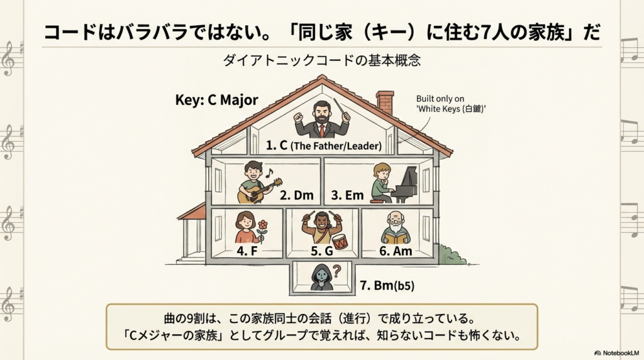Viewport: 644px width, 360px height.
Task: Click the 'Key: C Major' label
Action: (x=217, y=101)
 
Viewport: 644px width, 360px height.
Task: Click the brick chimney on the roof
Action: (x=385, y=103)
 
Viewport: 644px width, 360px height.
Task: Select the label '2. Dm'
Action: (x=296, y=195)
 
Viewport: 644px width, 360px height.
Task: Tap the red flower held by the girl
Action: (x=262, y=226)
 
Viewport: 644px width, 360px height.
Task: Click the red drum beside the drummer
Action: (x=340, y=241)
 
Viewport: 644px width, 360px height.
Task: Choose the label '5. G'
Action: (x=322, y=251)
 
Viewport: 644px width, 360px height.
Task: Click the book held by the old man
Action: (x=396, y=239)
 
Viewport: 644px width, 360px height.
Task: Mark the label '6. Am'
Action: (x=396, y=251)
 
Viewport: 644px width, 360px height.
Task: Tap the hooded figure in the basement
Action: (x=321, y=278)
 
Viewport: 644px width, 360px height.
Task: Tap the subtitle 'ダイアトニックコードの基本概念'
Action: (x=321, y=61)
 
